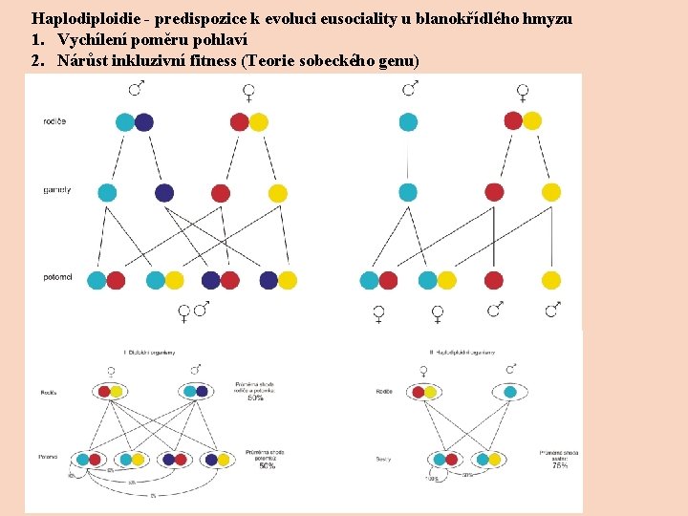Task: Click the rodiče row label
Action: click(54, 121)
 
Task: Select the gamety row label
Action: click(56, 190)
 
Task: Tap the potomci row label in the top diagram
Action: click(57, 277)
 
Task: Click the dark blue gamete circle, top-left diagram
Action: click(164, 193)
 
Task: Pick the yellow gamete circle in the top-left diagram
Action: click(277, 193)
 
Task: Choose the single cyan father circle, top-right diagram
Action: click(408, 121)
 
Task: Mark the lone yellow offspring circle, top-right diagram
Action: click(551, 280)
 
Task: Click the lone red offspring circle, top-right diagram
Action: click(494, 280)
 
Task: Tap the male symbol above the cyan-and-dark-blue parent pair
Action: click(136, 89)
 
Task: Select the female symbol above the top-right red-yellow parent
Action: click(523, 92)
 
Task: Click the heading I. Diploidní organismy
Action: click(148, 353)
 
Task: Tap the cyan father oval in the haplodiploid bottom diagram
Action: click(509, 391)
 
